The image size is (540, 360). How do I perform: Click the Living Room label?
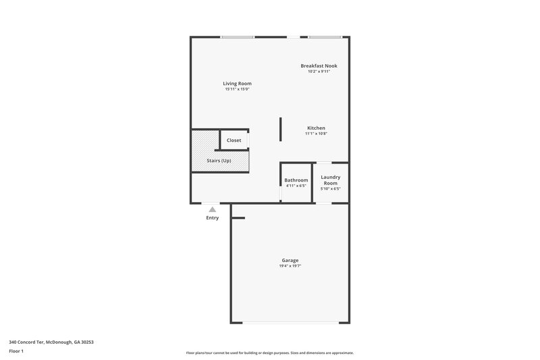click(238, 84)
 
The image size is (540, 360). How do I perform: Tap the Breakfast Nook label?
click(319, 66)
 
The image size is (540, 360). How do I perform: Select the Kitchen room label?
click(316, 128)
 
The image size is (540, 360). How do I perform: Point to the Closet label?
click(234, 140)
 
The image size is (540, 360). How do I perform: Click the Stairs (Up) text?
click(219, 160)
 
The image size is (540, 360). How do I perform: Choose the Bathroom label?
click(296, 180)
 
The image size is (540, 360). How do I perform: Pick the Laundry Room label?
click(330, 180)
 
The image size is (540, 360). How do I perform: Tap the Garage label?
click(290, 260)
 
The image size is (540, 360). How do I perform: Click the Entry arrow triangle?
click(213, 210)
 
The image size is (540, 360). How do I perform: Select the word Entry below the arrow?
click(213, 217)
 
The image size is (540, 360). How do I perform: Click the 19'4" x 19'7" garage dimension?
click(290, 266)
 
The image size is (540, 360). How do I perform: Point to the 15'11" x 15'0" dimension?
click(238, 89)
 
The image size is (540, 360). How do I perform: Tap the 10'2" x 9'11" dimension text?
click(319, 71)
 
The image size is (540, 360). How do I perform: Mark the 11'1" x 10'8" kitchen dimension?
click(316, 134)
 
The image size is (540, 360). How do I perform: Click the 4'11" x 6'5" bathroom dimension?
click(296, 186)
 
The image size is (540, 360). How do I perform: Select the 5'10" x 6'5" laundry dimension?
click(330, 189)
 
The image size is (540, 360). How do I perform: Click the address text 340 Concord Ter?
click(51, 342)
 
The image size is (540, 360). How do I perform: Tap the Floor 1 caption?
click(17, 352)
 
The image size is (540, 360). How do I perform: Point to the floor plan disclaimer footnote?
click(269, 353)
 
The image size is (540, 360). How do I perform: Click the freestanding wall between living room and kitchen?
click(281, 130)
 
